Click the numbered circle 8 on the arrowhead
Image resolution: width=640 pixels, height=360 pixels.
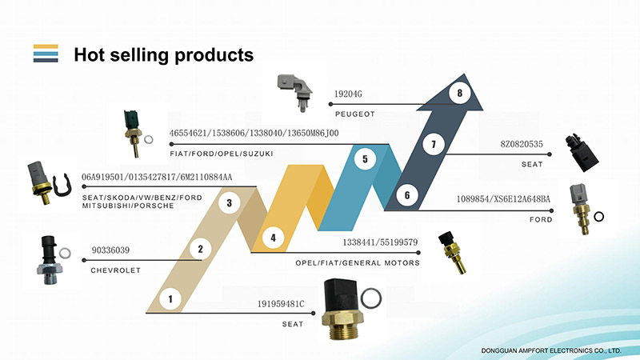(459, 93)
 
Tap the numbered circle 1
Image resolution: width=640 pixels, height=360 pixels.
(170, 299)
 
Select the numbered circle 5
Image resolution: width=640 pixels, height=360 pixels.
(365, 158)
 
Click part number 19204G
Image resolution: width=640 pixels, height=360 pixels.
(348, 94)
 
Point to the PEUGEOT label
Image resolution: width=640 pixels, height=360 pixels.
(354, 114)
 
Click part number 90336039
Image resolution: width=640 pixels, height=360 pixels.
(110, 250)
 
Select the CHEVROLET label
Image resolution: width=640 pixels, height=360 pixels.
(115, 270)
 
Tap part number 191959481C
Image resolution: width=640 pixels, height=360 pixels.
(281, 304)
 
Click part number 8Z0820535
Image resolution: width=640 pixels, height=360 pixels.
(522, 144)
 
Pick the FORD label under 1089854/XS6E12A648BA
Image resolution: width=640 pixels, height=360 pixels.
(541, 219)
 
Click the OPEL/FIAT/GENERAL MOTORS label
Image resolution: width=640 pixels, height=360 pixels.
(358, 263)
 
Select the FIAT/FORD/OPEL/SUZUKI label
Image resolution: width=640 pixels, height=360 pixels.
(222, 154)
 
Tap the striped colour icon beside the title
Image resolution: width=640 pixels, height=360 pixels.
(46, 54)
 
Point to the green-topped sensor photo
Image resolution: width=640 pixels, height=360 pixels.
(133, 133)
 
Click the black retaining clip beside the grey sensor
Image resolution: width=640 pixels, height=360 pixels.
(62, 186)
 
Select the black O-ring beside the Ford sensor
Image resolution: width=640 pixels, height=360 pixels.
(598, 217)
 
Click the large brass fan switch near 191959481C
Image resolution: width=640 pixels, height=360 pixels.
(342, 310)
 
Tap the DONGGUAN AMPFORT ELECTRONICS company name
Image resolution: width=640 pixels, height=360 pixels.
(551, 350)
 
